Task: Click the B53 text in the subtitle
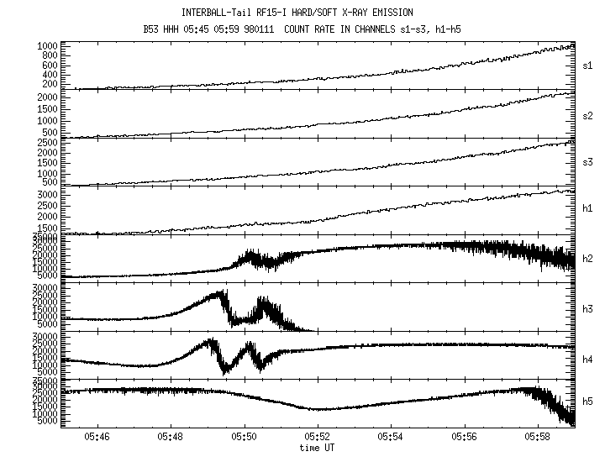tap(151, 29)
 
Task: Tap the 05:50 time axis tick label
tap(245, 437)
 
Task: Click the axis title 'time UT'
tap(317, 448)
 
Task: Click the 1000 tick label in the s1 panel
tap(47, 45)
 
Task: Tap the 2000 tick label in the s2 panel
tap(47, 97)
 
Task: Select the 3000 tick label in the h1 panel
tap(47, 194)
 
